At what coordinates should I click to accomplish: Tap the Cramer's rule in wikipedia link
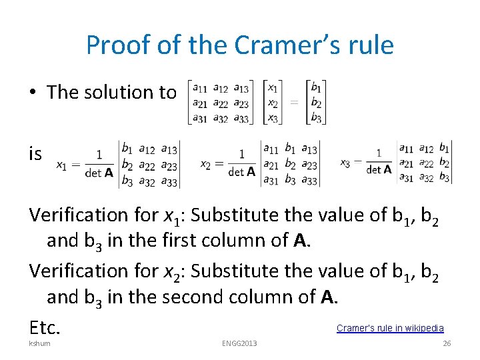[390, 328]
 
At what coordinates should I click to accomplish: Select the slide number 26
[447, 343]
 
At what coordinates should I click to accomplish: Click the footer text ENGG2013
[239, 343]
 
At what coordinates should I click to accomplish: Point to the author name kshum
[39, 343]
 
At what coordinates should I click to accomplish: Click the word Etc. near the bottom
[45, 327]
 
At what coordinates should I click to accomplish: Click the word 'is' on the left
[35, 154]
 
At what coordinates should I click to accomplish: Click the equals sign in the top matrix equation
[294, 103]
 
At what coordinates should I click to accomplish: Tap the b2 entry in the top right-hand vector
[317, 103]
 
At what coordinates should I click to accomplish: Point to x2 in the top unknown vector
[273, 103]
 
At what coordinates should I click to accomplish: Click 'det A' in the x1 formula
[99, 172]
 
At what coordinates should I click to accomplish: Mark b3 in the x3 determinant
[445, 178]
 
